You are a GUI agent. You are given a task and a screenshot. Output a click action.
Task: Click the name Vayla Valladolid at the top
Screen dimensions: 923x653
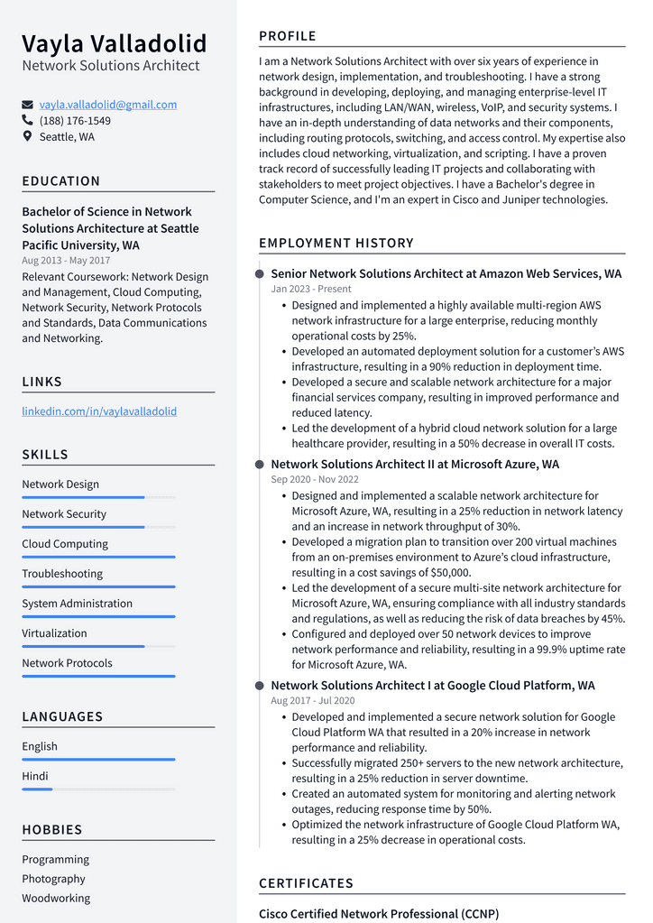click(115, 43)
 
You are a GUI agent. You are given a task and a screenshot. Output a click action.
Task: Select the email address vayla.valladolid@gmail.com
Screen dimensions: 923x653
click(108, 105)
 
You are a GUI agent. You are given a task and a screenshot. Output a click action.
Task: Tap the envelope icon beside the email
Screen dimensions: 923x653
click(28, 105)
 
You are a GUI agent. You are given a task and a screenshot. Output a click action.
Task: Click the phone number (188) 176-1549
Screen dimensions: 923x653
click(75, 121)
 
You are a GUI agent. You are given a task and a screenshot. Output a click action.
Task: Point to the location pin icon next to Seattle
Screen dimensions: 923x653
click(28, 137)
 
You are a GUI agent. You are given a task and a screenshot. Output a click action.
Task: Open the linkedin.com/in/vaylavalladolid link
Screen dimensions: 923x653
click(99, 411)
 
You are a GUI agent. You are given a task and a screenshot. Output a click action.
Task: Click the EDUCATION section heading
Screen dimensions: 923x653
click(61, 181)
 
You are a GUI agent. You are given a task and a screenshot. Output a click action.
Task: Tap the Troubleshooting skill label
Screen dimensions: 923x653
click(62, 574)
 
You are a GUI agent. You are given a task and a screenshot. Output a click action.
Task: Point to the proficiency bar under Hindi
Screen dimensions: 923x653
click(98, 789)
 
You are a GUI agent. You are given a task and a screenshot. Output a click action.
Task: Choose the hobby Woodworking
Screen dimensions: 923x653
click(56, 899)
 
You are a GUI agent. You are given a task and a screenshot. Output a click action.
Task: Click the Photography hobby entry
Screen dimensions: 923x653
click(54, 879)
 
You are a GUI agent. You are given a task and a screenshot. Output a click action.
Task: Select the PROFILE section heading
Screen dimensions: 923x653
click(288, 36)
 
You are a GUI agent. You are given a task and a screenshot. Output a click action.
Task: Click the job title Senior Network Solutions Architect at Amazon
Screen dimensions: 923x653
click(446, 273)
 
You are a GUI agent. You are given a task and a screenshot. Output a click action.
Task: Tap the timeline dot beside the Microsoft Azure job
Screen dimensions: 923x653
click(260, 465)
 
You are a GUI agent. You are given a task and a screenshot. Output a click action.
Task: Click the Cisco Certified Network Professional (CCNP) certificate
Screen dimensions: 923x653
click(379, 913)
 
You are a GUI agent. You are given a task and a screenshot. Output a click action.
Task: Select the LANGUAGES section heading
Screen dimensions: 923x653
click(62, 716)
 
